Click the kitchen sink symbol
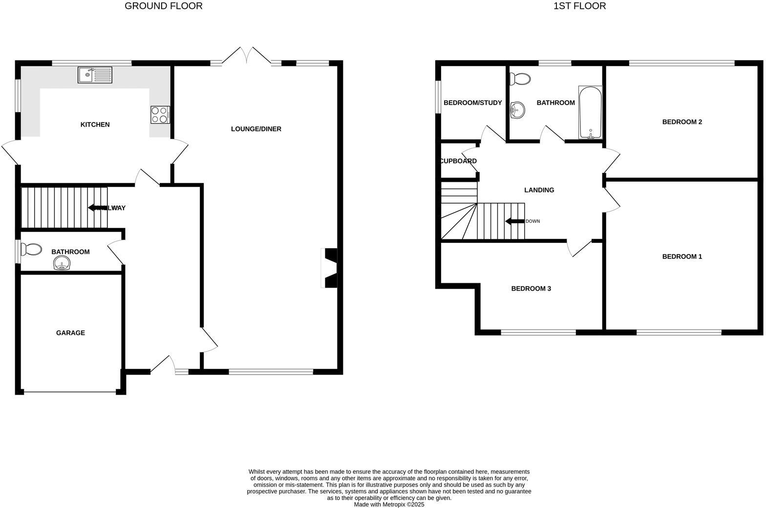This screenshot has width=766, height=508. tap(95, 75)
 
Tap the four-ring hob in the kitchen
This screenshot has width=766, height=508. tap(160, 115)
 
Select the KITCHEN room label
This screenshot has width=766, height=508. tap(95, 125)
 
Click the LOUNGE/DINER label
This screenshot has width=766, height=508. tap(256, 129)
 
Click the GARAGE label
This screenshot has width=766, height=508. tap(70, 333)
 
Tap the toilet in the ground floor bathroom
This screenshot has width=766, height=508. tap(32, 250)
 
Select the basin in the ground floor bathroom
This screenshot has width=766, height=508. tap(62, 264)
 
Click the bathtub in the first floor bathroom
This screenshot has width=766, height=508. tap(590, 113)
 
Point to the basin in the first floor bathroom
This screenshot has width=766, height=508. tap(516, 110)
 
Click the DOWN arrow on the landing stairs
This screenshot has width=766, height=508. tap(514, 221)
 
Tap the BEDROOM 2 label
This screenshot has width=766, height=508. tap(682, 122)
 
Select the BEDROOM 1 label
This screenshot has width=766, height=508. tap(682, 256)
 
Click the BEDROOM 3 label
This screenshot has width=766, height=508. tap(531, 289)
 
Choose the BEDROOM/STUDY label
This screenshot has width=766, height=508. tap(472, 103)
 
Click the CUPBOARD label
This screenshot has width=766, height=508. tap(458, 161)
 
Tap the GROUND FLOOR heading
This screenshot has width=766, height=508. tap(164, 6)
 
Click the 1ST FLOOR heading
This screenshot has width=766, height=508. tap(579, 6)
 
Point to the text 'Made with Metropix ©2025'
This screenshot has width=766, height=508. tap(389, 505)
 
